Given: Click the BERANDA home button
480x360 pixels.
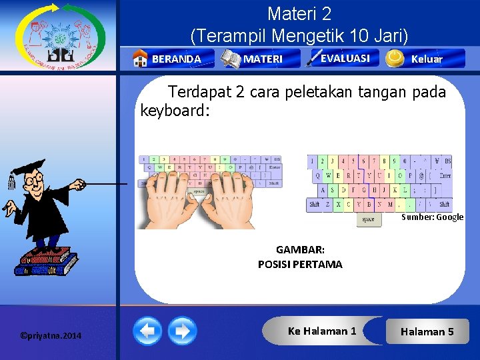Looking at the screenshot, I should click(x=173, y=59).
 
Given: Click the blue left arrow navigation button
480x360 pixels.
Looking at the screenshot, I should click(x=147, y=331).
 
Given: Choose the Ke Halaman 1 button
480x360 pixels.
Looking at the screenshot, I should click(x=322, y=331).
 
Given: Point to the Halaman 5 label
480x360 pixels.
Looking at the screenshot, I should click(x=427, y=331).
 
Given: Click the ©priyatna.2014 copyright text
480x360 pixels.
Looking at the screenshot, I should click(x=51, y=335).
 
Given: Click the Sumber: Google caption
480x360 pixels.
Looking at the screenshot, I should click(x=432, y=217).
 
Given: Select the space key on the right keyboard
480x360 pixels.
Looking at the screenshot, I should click(x=368, y=219).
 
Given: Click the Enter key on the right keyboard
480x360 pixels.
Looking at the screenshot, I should click(x=444, y=175).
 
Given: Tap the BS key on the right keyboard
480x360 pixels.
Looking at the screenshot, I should click(x=447, y=161).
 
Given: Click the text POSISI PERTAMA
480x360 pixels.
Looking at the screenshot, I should click(x=300, y=264).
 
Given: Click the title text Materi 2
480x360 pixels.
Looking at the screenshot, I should click(x=299, y=13).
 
